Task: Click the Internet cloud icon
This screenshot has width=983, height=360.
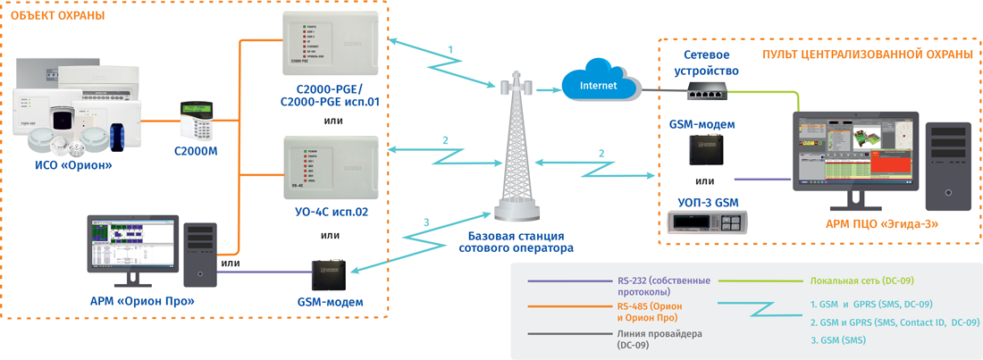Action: coord(599,86)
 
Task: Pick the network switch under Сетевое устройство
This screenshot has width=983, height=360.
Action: coord(711,88)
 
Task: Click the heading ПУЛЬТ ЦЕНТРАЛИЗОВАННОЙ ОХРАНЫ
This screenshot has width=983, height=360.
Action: coord(867,54)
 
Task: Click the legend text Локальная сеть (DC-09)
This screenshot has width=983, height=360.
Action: coord(861,280)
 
